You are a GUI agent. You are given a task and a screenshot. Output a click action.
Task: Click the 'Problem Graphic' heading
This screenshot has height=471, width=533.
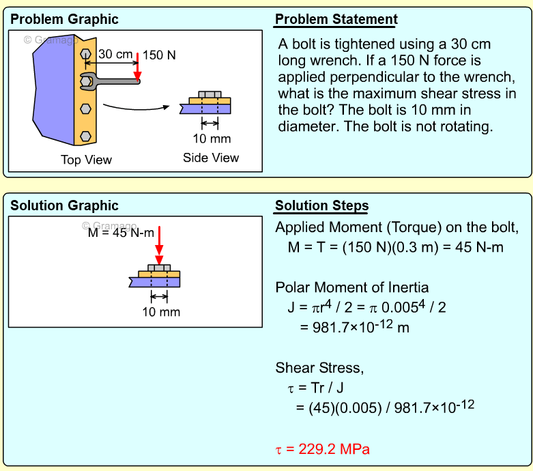tap(64, 19)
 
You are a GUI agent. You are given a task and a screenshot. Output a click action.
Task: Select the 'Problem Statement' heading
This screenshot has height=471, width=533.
tap(336, 19)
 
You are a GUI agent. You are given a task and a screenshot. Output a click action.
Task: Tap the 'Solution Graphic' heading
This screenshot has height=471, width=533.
tap(64, 205)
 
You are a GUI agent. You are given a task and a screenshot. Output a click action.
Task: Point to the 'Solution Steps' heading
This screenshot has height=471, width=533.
tap(321, 205)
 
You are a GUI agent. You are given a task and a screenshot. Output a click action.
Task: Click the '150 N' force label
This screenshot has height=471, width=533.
tap(159, 55)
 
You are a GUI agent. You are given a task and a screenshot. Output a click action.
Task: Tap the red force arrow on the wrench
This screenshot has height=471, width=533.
tap(137, 67)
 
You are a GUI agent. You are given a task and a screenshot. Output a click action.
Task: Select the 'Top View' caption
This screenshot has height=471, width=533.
tap(86, 160)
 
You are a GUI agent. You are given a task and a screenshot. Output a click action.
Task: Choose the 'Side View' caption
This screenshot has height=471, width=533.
tap(211, 158)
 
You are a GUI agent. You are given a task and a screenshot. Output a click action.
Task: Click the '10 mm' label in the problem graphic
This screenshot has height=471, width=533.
tap(212, 139)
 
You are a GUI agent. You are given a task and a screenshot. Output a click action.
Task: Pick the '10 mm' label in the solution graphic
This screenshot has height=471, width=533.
tap(161, 312)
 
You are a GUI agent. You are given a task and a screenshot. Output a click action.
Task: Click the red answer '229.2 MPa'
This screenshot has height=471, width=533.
tap(323, 449)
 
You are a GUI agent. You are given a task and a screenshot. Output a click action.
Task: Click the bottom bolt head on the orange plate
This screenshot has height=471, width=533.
tap(85, 136)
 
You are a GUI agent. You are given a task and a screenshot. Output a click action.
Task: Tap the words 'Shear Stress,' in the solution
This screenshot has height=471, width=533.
tap(319, 368)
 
